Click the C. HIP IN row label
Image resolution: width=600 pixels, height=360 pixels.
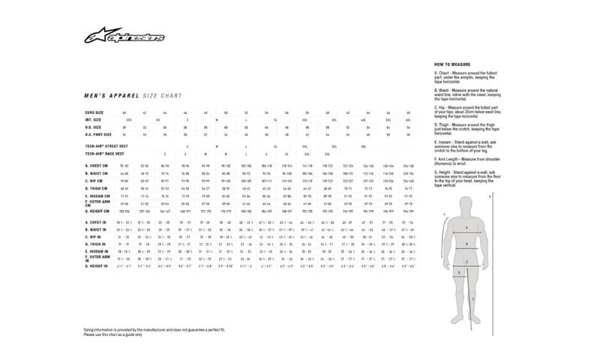[92, 237]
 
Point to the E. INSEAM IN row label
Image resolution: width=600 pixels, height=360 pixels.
[95, 251]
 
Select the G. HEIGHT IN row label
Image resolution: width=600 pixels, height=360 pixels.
[95, 266]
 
